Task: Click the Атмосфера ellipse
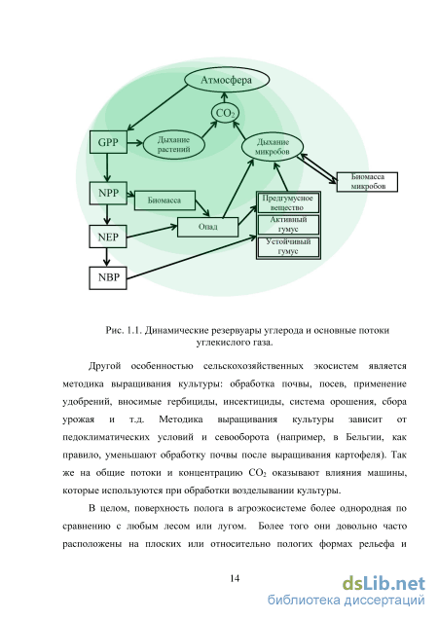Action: (227, 79)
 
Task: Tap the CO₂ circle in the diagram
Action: (225, 113)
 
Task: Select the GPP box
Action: (108, 142)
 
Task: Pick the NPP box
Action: (108, 193)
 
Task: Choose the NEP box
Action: (108, 237)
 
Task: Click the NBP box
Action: (108, 278)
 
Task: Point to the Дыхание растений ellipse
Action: (173, 144)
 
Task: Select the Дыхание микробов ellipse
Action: (273, 147)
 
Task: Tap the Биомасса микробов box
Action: (367, 182)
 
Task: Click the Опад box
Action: (208, 227)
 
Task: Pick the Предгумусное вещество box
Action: (288, 202)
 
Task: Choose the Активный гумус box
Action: (288, 225)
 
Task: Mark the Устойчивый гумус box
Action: (288, 247)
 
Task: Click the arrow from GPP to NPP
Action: (107, 167)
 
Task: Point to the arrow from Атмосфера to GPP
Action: (157, 108)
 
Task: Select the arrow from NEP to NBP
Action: (106, 257)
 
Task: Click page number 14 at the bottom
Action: (235, 578)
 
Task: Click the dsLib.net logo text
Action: (383, 584)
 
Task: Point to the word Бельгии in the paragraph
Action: (364, 437)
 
